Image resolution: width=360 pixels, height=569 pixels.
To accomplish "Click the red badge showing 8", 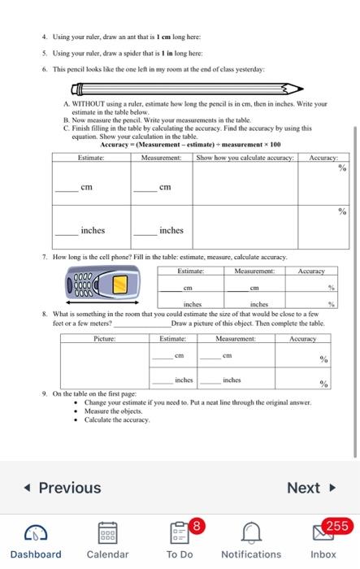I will tap(195, 525).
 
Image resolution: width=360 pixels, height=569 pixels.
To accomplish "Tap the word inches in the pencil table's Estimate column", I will tap(93, 230).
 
